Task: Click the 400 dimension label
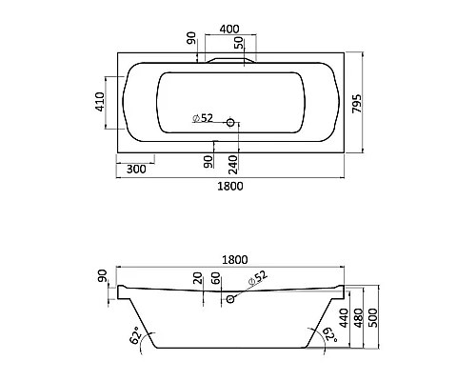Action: (229, 30)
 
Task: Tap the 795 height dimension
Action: (357, 103)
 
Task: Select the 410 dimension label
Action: (100, 101)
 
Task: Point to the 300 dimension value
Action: (136, 170)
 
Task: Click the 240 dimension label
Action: (233, 165)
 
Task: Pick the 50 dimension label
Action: (239, 43)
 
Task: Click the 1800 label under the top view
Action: (230, 186)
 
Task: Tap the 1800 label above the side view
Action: (234, 260)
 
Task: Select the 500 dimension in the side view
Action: (373, 318)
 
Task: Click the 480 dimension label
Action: (358, 318)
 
